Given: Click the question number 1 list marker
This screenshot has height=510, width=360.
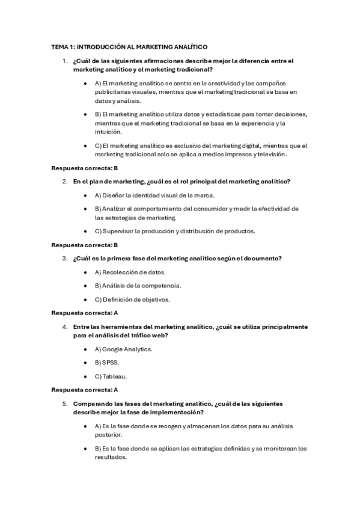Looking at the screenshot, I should coord(65,61).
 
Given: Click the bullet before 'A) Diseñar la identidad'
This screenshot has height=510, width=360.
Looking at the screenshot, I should coord(88,195).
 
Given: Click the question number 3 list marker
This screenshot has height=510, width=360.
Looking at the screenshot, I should coord(65,259).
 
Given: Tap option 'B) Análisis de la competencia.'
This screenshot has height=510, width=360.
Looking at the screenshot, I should coord(138,285).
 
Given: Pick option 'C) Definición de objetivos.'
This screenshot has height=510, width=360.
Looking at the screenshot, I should coord(132,299).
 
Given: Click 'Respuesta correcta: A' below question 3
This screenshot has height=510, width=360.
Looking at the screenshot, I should coord(85,313).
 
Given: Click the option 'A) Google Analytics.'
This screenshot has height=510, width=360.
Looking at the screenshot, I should coord(123,349).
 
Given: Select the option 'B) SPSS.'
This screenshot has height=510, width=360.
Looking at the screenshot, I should coord(107,363).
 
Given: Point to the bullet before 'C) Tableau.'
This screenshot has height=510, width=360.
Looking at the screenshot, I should coord(88,376).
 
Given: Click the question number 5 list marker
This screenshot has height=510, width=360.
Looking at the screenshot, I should coord(65,404).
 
